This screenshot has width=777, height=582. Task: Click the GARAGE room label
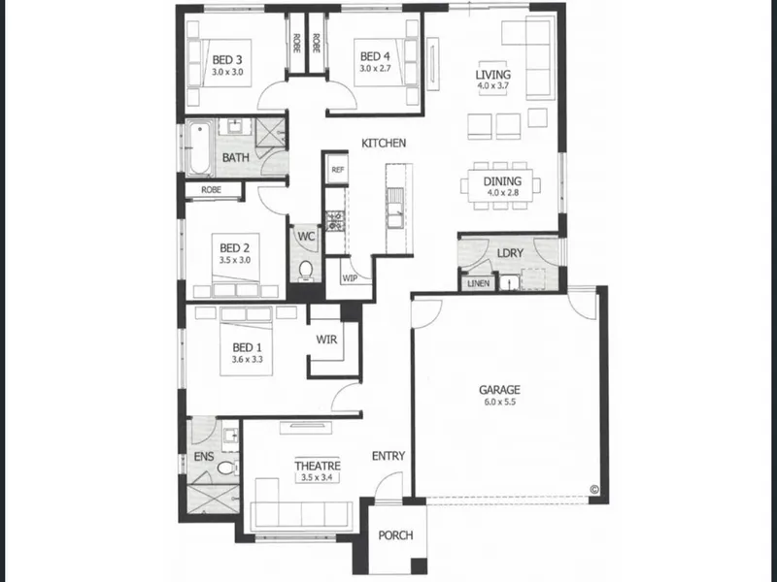499,390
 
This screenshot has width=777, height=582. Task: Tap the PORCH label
395,535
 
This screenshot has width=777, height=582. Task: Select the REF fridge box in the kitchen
337,170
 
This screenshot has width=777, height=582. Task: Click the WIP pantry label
350,278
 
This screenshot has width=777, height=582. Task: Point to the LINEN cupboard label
478,283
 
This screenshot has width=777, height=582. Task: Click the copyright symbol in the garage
594,490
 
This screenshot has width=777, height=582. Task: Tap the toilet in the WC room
306,270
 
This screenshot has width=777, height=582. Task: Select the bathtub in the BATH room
199,147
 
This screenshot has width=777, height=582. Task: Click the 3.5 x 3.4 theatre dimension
318,477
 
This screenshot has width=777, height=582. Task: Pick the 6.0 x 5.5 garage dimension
499,402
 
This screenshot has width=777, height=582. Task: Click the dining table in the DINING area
501,185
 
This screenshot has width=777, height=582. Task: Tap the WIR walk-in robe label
326,339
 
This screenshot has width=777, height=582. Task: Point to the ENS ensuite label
204,456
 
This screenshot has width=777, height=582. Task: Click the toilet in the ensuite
227,468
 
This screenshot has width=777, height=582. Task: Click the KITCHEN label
384,144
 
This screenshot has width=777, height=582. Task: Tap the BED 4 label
375,57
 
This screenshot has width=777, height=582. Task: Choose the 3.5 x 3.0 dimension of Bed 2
235,260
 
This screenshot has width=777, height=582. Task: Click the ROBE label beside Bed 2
211,190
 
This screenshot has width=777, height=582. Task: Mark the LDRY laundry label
510,253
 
